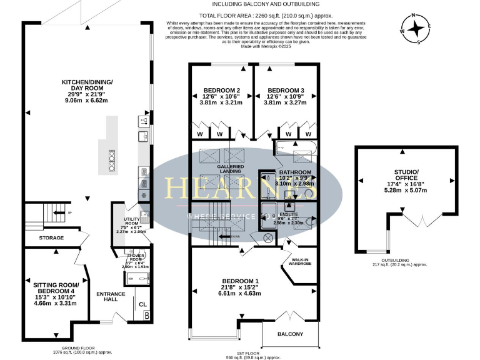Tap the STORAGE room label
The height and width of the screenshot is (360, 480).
(x=51, y=238)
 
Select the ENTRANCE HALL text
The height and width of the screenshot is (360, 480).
(x=111, y=297)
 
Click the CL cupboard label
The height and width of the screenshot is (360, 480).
(x=142, y=305)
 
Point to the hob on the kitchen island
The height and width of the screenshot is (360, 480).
(x=112, y=161)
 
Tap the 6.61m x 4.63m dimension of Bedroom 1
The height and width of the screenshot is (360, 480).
(x=239, y=293)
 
